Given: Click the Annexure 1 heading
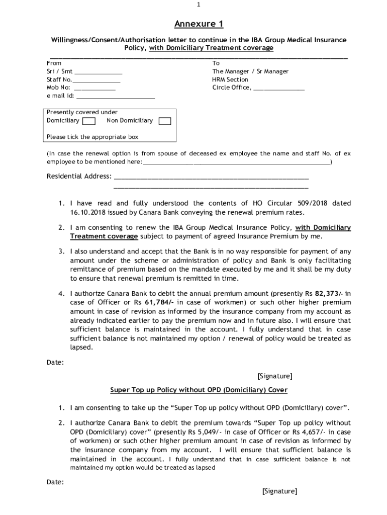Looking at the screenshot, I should point(199,24).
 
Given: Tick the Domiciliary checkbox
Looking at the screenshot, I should point(89,121).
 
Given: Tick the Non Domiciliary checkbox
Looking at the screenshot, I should point(165,121).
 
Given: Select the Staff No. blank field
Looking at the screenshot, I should point(97,80).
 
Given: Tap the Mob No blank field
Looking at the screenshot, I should point(94,88).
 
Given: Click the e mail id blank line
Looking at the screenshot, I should point(115,96).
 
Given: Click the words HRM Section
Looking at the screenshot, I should point(230,79).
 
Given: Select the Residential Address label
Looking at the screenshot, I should point(79,177).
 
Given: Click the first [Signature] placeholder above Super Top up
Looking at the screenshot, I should point(274,376).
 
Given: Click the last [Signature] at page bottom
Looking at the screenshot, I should point(279,491).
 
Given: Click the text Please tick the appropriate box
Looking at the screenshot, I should point(92,137).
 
